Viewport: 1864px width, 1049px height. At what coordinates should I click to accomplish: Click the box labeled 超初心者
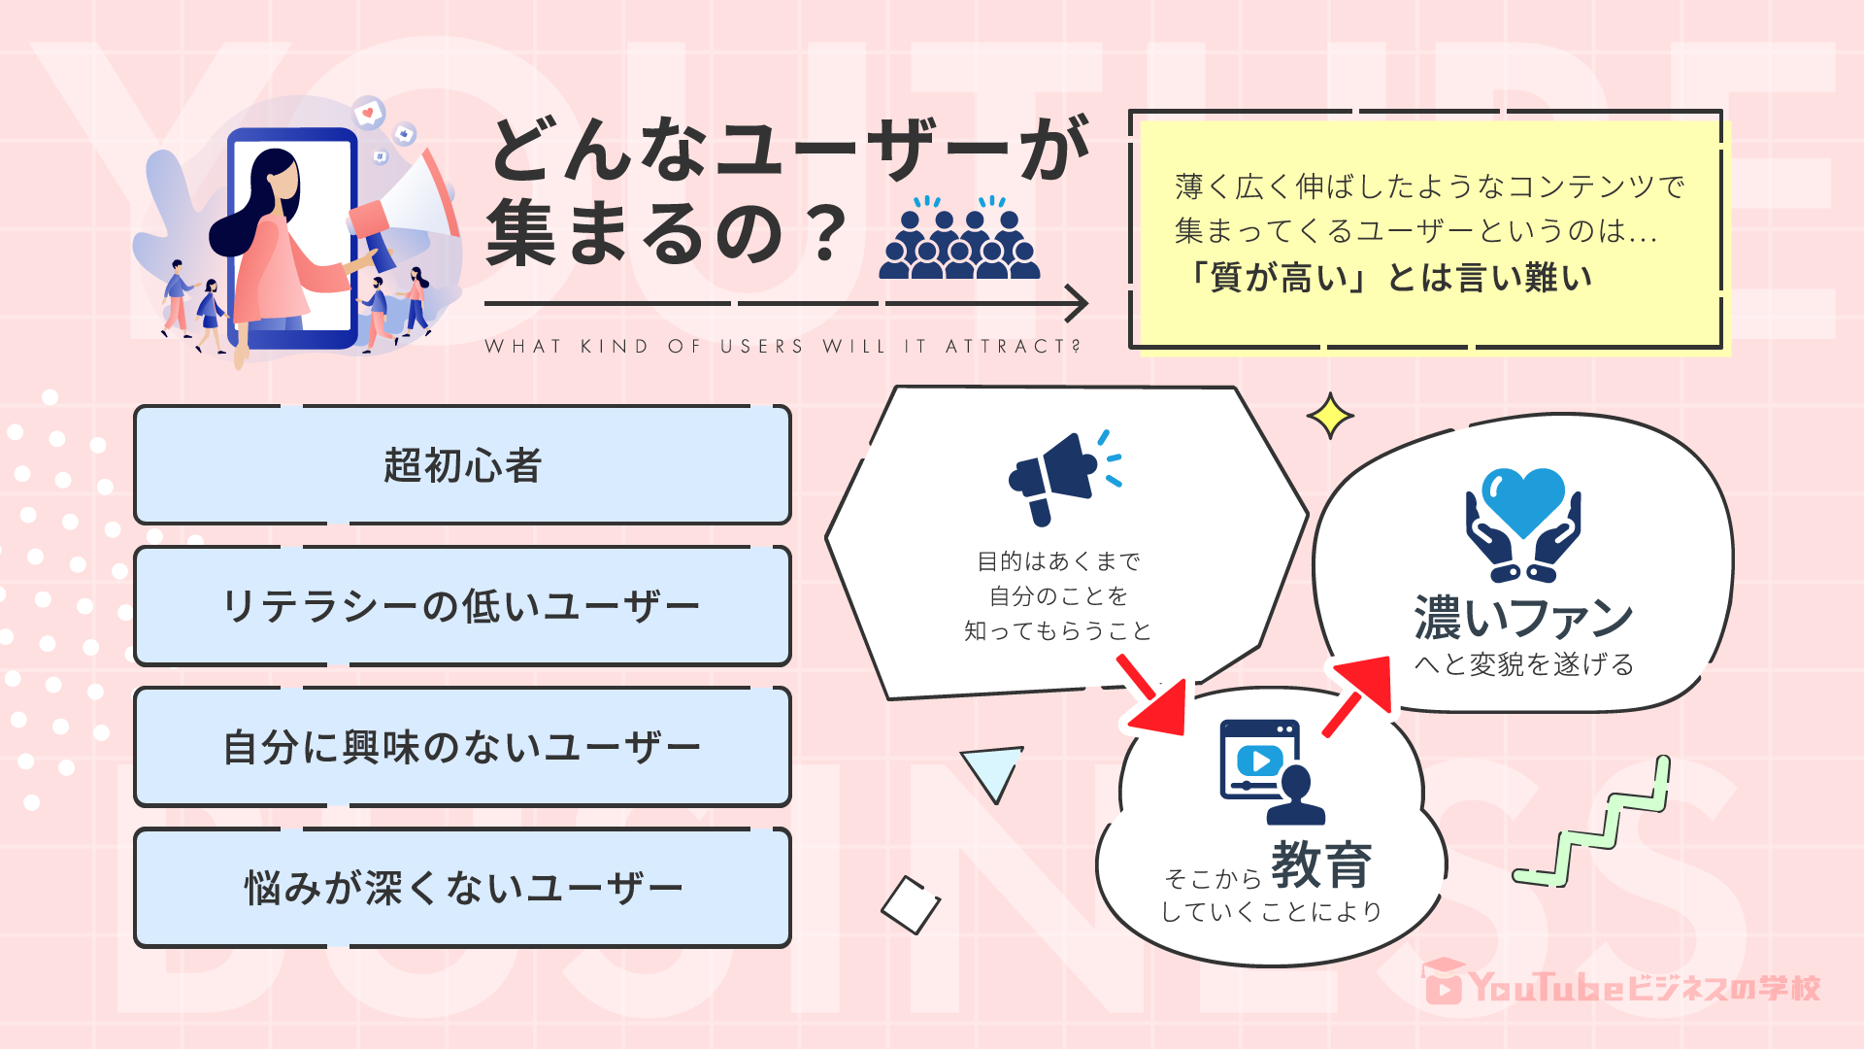click(462, 465)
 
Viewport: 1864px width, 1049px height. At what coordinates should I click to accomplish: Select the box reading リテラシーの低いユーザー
click(462, 606)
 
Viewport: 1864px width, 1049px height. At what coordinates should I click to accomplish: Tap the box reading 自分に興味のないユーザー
click(462, 747)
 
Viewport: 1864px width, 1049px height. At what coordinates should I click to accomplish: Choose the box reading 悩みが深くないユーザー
click(462, 888)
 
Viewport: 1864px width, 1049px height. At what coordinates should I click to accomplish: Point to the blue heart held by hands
click(1522, 500)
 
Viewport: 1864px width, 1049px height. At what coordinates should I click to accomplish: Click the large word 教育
click(1321, 863)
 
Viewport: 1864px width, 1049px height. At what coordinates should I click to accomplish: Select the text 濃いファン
click(1523, 618)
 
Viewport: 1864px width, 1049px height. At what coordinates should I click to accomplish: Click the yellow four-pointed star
click(1330, 416)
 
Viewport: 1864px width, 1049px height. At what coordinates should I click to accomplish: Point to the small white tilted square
click(911, 905)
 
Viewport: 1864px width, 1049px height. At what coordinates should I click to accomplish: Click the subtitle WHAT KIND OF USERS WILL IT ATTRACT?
click(782, 347)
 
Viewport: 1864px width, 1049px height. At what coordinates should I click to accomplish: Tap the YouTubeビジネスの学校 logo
click(1621, 985)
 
